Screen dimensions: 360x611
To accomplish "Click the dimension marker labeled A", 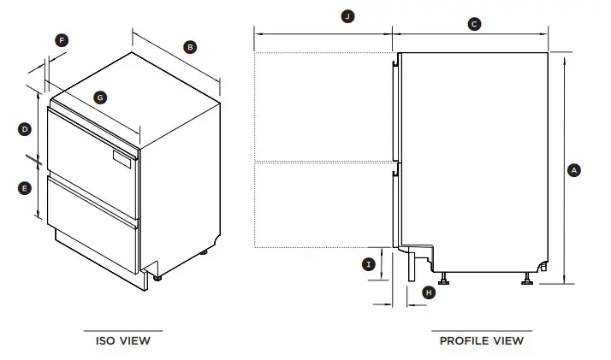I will (x=574, y=170).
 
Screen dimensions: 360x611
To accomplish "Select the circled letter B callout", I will (x=190, y=46).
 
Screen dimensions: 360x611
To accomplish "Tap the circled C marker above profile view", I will (x=474, y=25).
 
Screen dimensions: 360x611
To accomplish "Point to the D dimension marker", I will (x=25, y=129).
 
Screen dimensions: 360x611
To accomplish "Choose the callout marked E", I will (x=25, y=186).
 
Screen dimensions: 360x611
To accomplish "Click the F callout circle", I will (x=62, y=40).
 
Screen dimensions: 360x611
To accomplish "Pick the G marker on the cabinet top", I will (x=100, y=97).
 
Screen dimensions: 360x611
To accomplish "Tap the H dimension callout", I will (x=429, y=292).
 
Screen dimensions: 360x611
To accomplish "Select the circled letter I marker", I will (x=369, y=264).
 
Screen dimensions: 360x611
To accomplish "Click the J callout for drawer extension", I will (x=347, y=17).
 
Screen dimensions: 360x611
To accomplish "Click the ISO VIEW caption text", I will (x=122, y=340).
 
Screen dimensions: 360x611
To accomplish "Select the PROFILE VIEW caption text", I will (x=481, y=340).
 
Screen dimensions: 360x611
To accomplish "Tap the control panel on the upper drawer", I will (x=123, y=157).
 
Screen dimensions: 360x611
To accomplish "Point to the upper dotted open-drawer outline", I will (x=323, y=106).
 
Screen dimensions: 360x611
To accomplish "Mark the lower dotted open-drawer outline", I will (x=323, y=204).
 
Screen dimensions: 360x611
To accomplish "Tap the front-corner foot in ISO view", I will (x=158, y=274).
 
